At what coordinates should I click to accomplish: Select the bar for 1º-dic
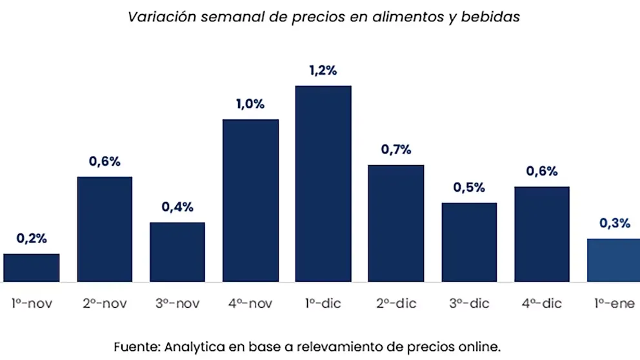pyautogui.click(x=323, y=184)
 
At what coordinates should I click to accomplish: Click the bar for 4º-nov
pyautogui.click(x=250, y=201)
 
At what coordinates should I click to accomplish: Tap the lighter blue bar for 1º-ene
pyautogui.click(x=613, y=260)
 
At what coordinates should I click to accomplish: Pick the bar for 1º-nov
pyautogui.click(x=32, y=268)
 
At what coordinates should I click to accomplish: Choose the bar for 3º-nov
pyautogui.click(x=177, y=252)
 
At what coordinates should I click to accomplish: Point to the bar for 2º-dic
pyautogui.click(x=396, y=223)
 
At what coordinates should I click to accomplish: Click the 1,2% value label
pyautogui.click(x=323, y=71)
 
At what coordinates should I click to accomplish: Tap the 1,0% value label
pyautogui.click(x=250, y=105)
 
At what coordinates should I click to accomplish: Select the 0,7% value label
pyautogui.click(x=396, y=150)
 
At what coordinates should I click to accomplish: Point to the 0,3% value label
pyautogui.click(x=614, y=223)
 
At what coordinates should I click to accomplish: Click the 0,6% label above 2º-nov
pyautogui.click(x=105, y=162)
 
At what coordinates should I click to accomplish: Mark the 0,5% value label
pyautogui.click(x=469, y=188)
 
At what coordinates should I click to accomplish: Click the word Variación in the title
pyautogui.click(x=161, y=17)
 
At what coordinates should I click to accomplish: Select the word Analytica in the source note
pyautogui.click(x=193, y=345)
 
